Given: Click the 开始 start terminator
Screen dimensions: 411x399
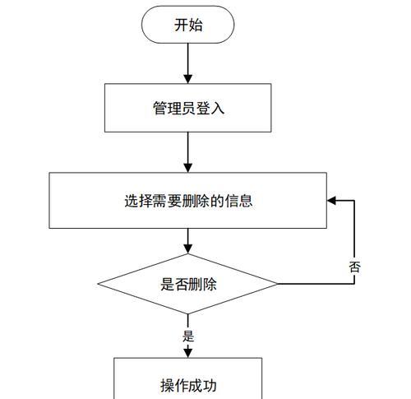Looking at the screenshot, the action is click(x=188, y=25).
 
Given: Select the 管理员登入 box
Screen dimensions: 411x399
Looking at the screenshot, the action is click(x=188, y=108).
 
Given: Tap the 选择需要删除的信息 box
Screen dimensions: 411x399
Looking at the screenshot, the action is click(x=188, y=201).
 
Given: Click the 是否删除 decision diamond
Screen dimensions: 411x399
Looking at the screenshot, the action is click(x=187, y=284).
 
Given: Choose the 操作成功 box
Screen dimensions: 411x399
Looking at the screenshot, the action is click(x=188, y=378).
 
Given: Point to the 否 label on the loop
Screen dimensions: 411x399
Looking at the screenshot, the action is click(x=354, y=267).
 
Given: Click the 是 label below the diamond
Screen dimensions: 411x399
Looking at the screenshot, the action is click(x=188, y=336).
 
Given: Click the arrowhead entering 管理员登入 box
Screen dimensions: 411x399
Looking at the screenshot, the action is click(x=188, y=79).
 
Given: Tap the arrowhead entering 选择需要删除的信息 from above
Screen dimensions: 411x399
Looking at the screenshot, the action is click(x=188, y=168).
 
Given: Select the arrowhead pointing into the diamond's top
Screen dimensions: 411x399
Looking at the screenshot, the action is click(x=188, y=249).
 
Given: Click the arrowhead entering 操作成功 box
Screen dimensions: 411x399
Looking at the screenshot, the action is click(x=188, y=353).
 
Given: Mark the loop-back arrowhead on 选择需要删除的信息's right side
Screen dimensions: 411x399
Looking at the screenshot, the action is click(x=331, y=201).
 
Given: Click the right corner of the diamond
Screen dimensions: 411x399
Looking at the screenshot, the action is click(x=277, y=284).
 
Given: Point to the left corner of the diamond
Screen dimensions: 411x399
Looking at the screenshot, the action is click(x=99, y=284).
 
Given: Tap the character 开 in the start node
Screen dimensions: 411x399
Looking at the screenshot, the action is click(x=181, y=25).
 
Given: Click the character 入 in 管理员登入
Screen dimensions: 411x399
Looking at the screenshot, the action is click(x=218, y=108).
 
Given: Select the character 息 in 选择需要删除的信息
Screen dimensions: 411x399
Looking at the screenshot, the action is click(x=246, y=201).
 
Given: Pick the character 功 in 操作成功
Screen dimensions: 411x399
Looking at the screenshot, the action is click(x=210, y=386).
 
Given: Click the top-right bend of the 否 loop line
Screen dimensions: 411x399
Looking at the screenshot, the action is click(x=354, y=201).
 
